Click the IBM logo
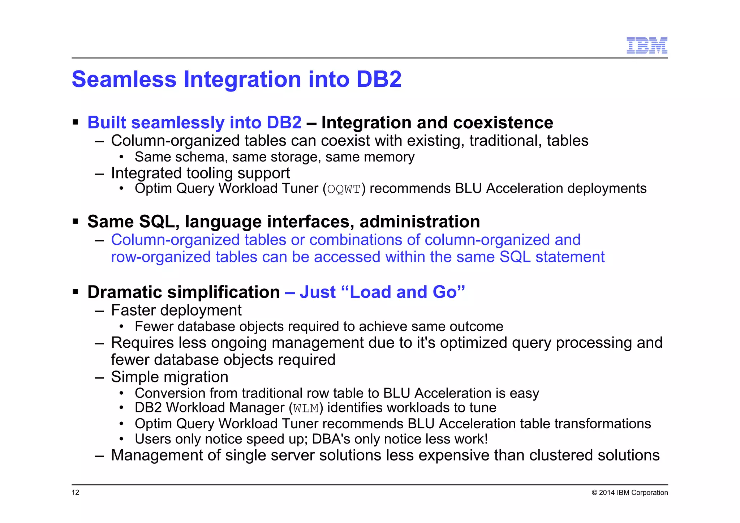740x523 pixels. [646, 46]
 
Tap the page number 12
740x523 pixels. [76, 492]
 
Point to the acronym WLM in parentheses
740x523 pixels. [306, 408]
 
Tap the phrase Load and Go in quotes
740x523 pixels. [403, 292]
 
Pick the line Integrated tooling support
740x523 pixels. [200, 173]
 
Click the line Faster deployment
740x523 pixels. [176, 310]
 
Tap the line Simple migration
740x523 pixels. [169, 377]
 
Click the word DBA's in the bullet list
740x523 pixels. [331, 439]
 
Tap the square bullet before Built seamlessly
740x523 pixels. [76, 122]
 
